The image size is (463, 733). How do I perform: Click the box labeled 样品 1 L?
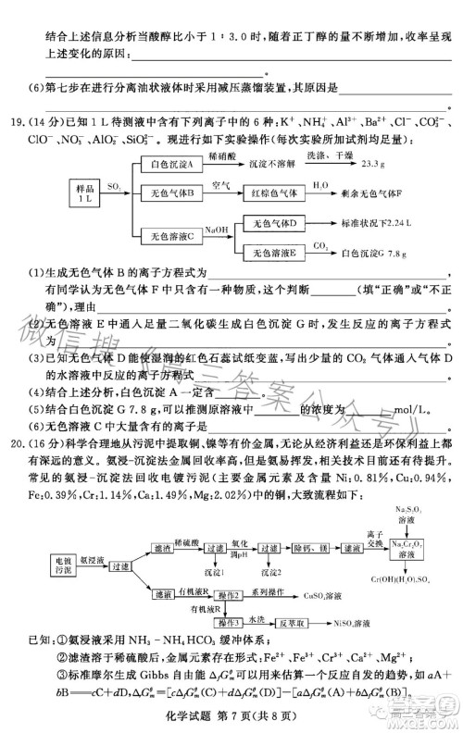tap(85, 195)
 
